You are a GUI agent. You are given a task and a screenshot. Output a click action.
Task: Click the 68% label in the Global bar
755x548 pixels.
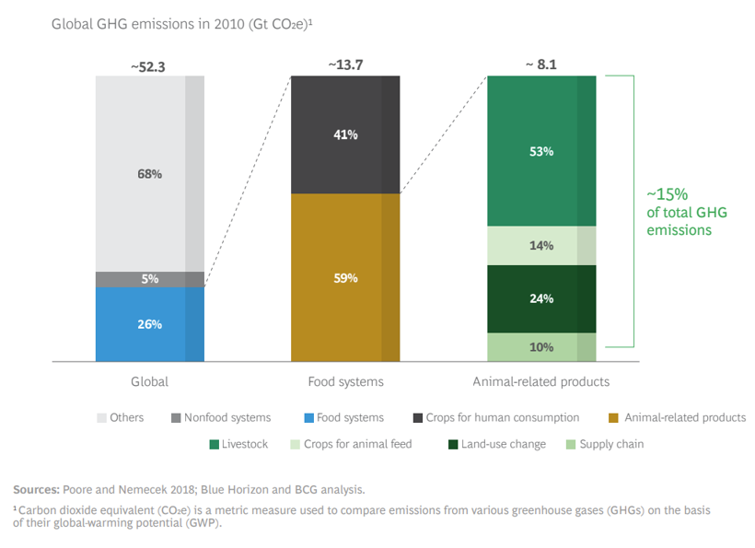point(150,173)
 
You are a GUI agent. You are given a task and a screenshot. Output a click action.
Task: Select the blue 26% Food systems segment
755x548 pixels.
point(150,324)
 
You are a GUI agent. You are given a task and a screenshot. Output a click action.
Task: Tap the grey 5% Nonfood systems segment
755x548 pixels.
point(150,279)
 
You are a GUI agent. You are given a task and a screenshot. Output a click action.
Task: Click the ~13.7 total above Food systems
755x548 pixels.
point(345,64)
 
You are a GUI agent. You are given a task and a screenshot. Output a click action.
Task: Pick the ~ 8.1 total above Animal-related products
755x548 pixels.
point(541,64)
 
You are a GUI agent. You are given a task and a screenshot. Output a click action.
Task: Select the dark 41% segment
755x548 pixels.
point(345,134)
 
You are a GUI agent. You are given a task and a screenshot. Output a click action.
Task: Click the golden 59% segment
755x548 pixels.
point(345,277)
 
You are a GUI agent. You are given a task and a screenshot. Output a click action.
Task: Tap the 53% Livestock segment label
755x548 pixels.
point(541,151)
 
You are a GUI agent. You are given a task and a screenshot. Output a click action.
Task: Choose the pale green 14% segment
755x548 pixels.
point(541,246)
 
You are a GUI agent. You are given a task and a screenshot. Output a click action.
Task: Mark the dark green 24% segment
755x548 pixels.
point(541,298)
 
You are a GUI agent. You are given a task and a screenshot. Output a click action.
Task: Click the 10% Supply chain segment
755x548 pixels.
point(541,347)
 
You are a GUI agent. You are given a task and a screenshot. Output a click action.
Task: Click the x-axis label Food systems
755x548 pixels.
point(345,380)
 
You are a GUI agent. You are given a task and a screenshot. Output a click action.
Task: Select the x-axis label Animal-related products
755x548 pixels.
point(541,380)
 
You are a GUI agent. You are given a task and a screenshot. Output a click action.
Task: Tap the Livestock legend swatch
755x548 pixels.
point(214,444)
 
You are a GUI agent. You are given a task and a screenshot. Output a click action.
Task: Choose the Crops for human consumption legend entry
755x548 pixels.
point(502,417)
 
